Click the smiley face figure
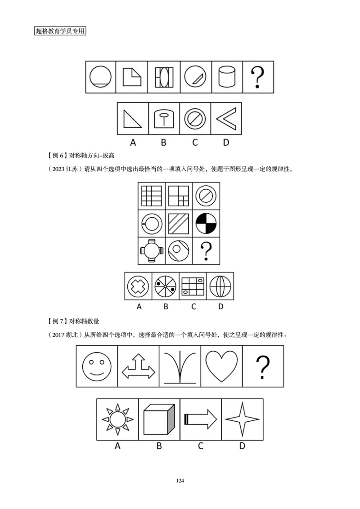tap(97, 366)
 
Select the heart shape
tap(222, 365)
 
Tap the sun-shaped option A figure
tap(117, 419)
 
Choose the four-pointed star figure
tap(243, 419)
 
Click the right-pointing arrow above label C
tap(201, 419)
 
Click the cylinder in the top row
tap(227, 77)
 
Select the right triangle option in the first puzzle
tap(133, 119)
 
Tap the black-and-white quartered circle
tap(206, 223)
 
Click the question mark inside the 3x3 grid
tap(206, 251)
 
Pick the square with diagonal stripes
tap(179, 223)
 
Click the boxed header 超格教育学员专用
tap(60, 31)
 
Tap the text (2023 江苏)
tap(63, 170)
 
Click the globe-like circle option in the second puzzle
tap(220, 286)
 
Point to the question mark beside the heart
tap(263, 366)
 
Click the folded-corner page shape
tap(132, 77)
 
